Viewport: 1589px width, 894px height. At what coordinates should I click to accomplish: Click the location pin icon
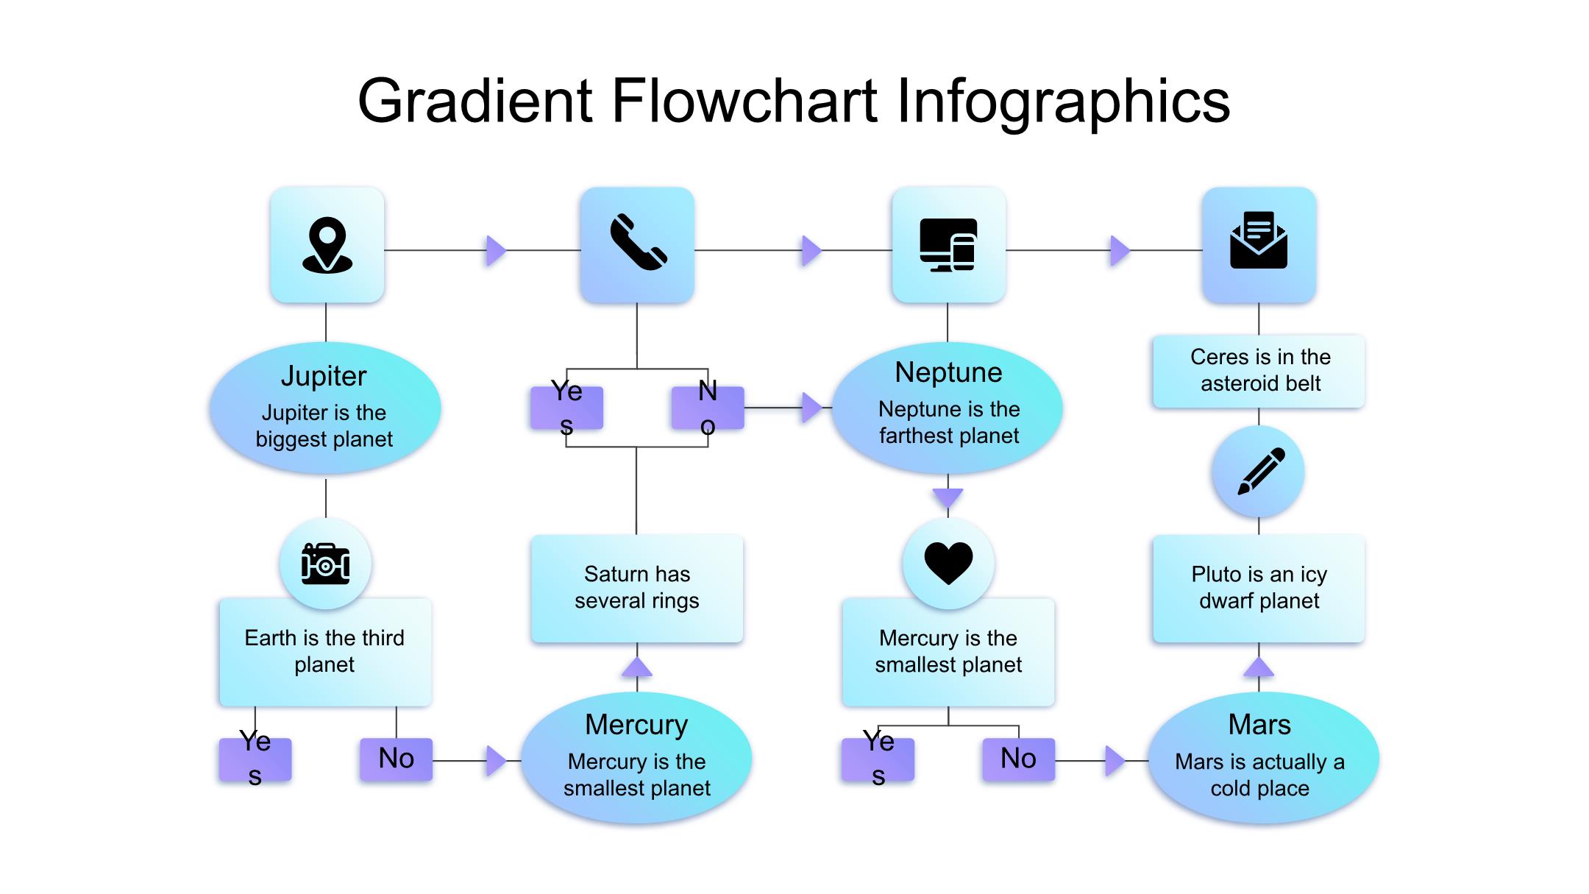click(327, 245)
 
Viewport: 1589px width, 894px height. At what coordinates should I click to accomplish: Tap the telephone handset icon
click(638, 242)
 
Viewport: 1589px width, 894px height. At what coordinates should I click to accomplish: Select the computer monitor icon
click(948, 245)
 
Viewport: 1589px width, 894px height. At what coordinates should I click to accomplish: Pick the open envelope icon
click(1259, 241)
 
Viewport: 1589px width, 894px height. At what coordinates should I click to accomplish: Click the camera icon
click(325, 564)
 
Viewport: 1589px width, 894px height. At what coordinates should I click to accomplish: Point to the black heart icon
click(948, 563)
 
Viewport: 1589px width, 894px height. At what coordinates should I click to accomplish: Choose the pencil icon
click(1259, 472)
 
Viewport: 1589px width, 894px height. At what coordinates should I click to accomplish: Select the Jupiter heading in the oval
click(324, 376)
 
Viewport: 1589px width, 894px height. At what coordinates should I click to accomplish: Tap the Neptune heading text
click(948, 372)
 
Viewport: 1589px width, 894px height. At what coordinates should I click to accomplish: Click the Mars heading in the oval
click(1259, 725)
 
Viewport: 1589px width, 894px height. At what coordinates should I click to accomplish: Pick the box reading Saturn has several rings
click(637, 588)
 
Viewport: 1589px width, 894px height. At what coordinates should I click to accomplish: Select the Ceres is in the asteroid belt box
click(1259, 371)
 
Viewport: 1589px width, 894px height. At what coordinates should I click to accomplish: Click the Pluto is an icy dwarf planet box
click(1259, 588)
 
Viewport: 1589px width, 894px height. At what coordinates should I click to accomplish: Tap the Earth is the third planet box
click(325, 652)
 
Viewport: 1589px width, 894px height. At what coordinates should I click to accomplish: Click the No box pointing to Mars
click(1018, 759)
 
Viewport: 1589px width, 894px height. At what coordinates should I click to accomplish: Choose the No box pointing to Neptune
click(708, 408)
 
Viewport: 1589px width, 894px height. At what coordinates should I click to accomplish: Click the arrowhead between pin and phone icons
click(497, 251)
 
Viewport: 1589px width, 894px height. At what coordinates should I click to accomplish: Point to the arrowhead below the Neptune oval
click(948, 497)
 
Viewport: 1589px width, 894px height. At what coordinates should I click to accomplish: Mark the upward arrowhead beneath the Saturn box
click(637, 667)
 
